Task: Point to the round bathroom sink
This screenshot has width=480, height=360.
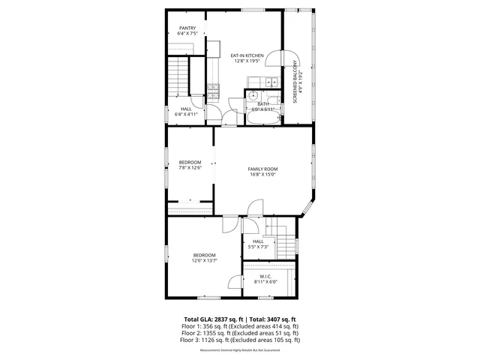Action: click(x=253, y=97)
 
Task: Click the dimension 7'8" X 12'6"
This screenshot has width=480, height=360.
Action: click(x=190, y=168)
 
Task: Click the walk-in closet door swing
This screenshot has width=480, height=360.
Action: click(x=235, y=282)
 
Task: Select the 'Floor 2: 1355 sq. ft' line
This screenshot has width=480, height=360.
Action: click(x=239, y=333)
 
